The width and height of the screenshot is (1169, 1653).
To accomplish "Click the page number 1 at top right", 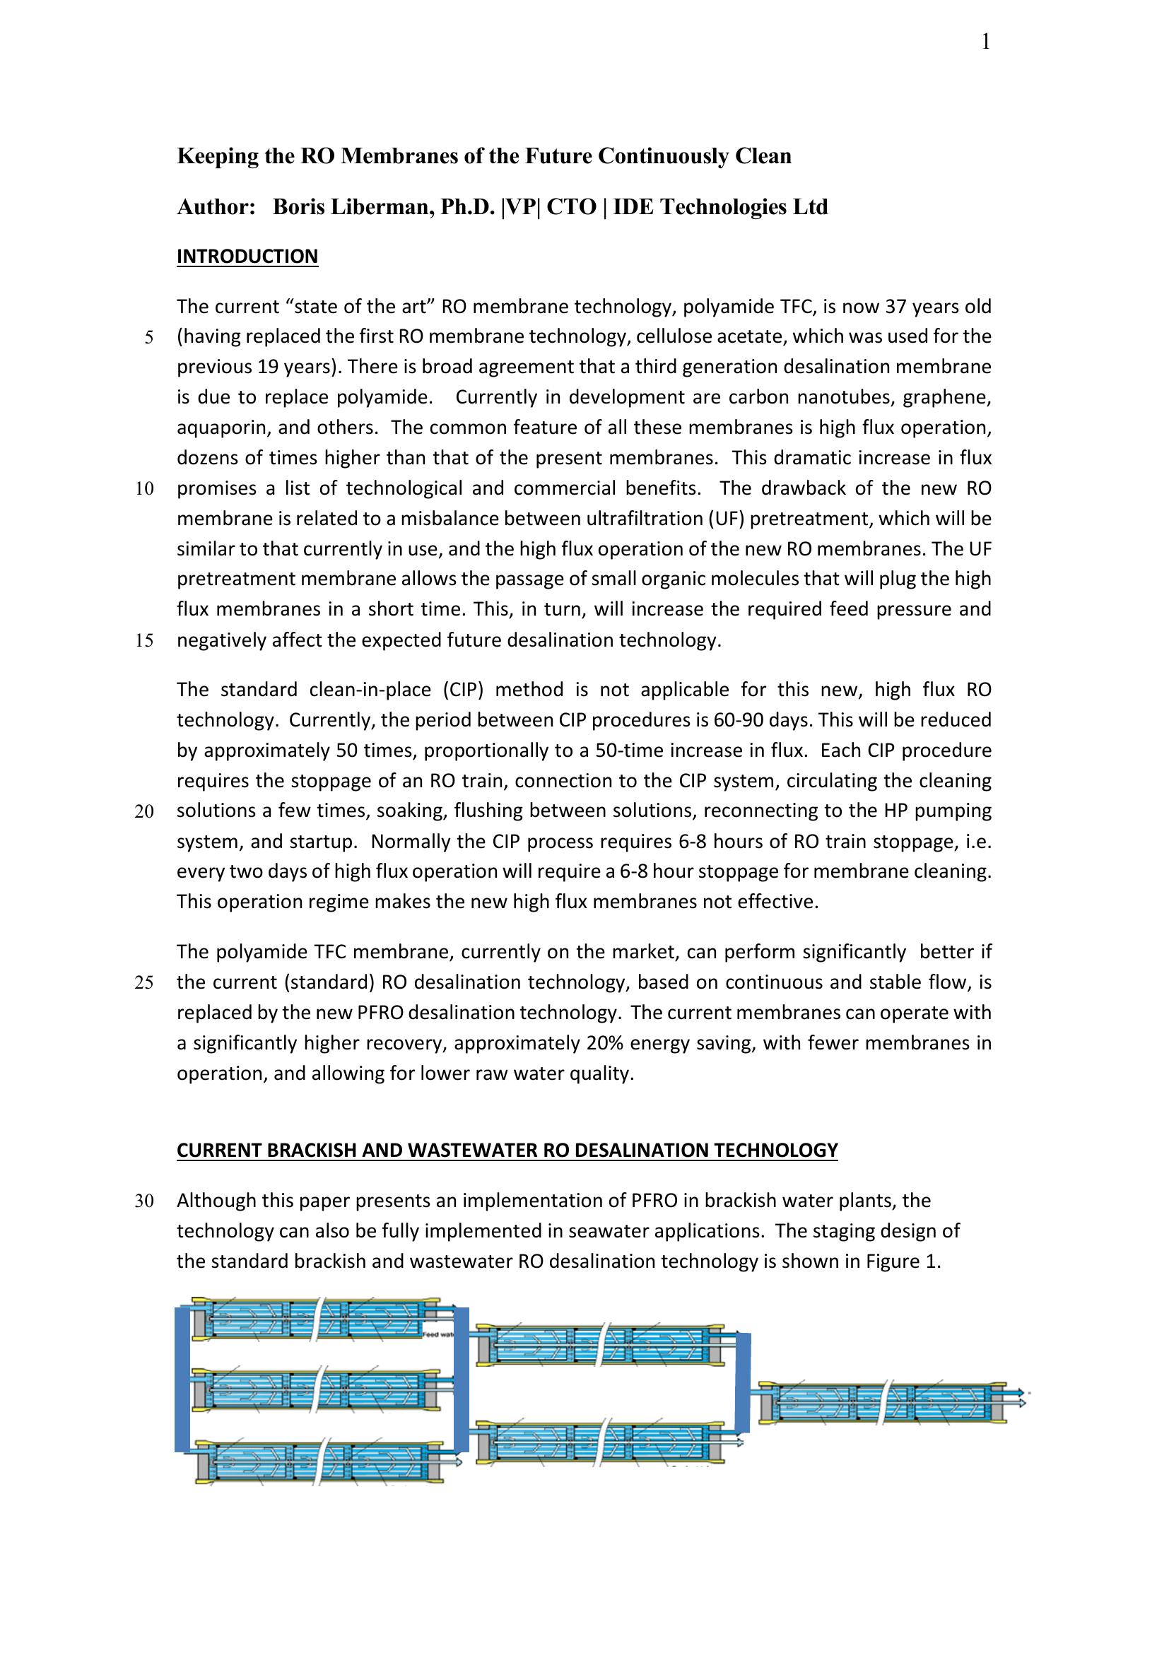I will pyautogui.click(x=985, y=42).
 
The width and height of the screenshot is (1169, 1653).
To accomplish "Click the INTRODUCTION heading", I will pyautogui.click(x=247, y=257).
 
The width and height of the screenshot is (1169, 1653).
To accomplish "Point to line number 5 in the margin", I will pyautogui.click(x=149, y=338).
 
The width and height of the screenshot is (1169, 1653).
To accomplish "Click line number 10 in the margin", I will pyautogui.click(x=144, y=489).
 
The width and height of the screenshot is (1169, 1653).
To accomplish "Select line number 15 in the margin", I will pyautogui.click(x=144, y=641).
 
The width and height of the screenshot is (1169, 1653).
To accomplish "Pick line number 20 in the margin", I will pyautogui.click(x=144, y=811).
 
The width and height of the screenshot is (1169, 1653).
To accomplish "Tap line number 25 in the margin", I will pyautogui.click(x=144, y=983).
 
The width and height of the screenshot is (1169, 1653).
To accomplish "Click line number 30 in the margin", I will pyautogui.click(x=144, y=1201).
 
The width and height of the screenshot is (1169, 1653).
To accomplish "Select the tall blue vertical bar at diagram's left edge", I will pyautogui.click(x=183, y=1380).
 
